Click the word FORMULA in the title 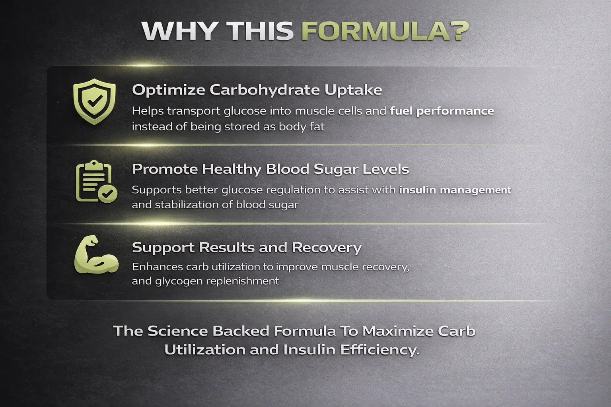coord(376,31)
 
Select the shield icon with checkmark coord(94,101)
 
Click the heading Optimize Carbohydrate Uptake coord(257,90)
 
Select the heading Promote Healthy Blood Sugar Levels coord(270,169)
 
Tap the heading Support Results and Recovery coord(247,247)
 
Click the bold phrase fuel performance coord(442,111)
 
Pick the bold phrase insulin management coord(455,190)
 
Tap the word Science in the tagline coord(177,331)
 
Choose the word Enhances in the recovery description coord(157,267)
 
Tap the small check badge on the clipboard coord(107,194)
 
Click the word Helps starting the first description coord(147,111)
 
